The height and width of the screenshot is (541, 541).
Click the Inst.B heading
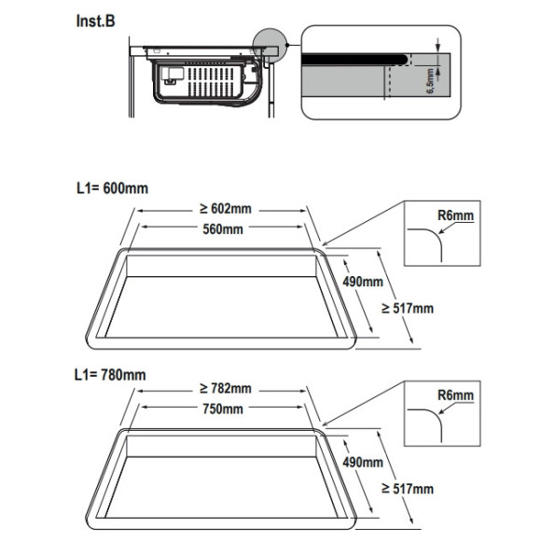[x=95, y=21]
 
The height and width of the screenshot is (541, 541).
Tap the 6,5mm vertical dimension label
[x=431, y=81]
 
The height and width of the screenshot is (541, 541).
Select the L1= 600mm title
[x=113, y=188]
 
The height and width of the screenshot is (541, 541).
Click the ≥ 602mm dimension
[x=226, y=209]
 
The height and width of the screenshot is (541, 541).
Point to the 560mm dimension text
[x=223, y=229]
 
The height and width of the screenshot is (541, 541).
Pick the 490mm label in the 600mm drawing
[x=363, y=282]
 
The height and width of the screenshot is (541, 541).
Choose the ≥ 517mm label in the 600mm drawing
[x=408, y=308]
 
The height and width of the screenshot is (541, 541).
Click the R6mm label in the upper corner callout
[x=456, y=215]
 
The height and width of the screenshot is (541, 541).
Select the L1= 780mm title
[x=110, y=375]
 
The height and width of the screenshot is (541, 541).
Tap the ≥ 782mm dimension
[x=226, y=389]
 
